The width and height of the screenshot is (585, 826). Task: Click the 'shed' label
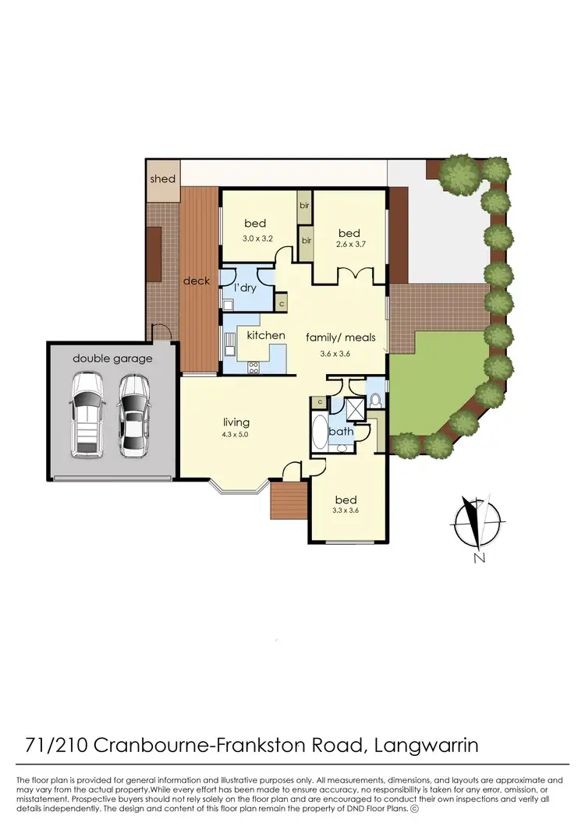[163, 178]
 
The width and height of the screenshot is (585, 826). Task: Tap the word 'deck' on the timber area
[197, 281]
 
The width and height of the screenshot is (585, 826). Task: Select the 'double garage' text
[112, 358]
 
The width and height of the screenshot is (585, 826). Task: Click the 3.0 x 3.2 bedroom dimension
[257, 238]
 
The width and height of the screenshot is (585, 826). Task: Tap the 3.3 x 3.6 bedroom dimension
[346, 511]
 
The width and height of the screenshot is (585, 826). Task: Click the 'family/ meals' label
[341, 337]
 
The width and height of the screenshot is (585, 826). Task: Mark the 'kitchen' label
[266, 335]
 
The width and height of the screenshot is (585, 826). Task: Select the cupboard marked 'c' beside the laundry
[281, 301]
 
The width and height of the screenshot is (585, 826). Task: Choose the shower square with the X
[353, 408]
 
